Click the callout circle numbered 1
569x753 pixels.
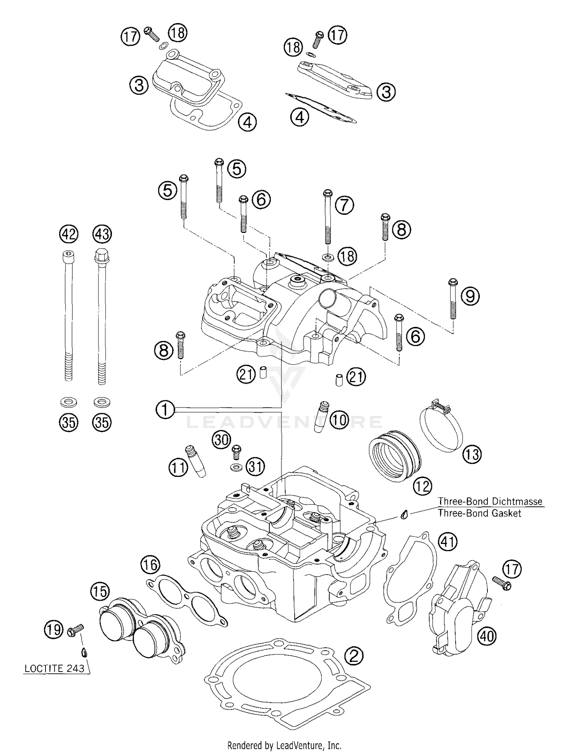click(165, 410)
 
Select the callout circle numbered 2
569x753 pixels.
click(354, 656)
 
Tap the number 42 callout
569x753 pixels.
click(69, 234)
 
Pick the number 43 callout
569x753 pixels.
click(102, 234)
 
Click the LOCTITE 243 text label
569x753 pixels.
click(54, 669)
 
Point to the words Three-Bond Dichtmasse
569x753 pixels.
click(490, 501)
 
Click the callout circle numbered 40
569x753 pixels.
click(487, 636)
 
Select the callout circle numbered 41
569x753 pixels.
click(448, 542)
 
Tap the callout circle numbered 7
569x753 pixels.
click(344, 205)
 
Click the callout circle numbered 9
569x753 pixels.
click(470, 296)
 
